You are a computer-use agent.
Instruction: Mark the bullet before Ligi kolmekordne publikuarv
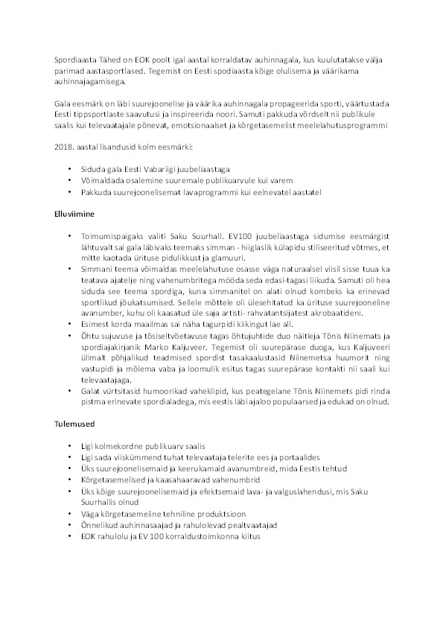click(x=70, y=446)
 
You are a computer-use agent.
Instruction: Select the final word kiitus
click(x=249, y=537)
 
